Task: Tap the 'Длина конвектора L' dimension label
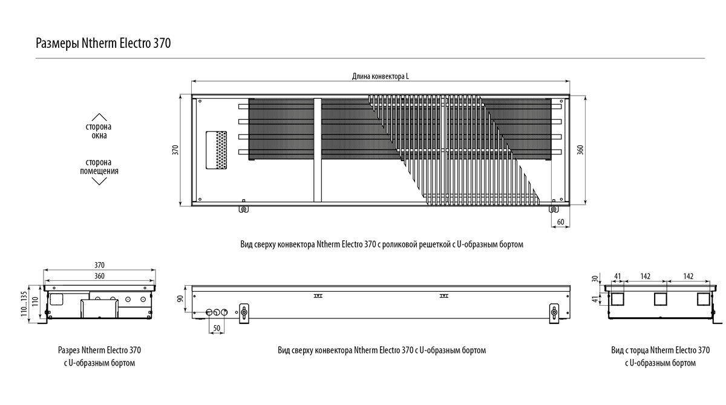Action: [x=380, y=77]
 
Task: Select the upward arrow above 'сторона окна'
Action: [x=99, y=117]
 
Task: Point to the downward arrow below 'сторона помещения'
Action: [x=99, y=180]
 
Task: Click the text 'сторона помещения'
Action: [x=99, y=167]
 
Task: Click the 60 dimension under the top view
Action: [x=560, y=222]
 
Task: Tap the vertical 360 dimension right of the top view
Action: [x=580, y=150]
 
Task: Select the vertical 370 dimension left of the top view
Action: [x=175, y=150]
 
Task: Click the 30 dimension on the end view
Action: [x=595, y=278]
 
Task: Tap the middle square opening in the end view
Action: [x=660, y=298]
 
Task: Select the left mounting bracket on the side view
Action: [x=244, y=312]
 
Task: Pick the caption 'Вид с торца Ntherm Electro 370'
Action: [x=660, y=351]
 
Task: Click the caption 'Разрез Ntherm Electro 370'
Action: [x=99, y=351]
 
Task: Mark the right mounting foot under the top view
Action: [x=553, y=209]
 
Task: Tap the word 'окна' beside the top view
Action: [x=99, y=136]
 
